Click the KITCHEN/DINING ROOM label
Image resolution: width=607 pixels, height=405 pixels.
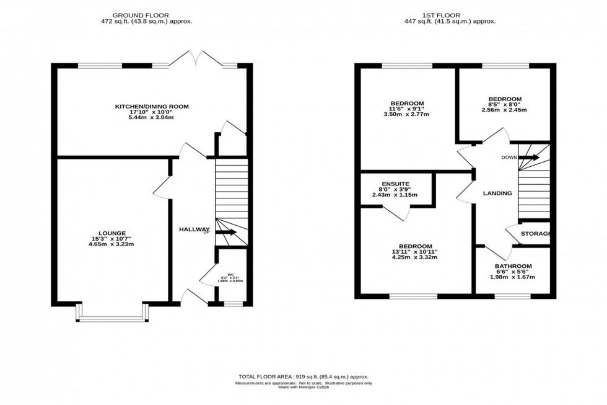click(x=152, y=107)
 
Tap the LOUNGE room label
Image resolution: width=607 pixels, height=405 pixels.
click(x=112, y=233)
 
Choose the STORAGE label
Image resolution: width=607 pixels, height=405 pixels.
click(x=536, y=233)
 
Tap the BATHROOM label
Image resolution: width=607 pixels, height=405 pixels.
click(x=512, y=267)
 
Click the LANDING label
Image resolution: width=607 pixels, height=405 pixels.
click(x=497, y=193)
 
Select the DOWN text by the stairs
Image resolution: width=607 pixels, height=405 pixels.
click(x=510, y=157)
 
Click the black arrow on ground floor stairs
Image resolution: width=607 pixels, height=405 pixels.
click(x=225, y=233)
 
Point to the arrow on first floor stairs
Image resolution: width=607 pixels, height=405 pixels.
click(x=529, y=158)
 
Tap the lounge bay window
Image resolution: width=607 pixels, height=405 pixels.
click(x=112, y=319)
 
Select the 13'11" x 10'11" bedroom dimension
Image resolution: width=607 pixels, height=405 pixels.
click(x=416, y=251)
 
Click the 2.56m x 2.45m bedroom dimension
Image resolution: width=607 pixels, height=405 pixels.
click(x=504, y=110)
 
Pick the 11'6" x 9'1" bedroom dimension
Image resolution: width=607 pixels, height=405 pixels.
click(x=407, y=109)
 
